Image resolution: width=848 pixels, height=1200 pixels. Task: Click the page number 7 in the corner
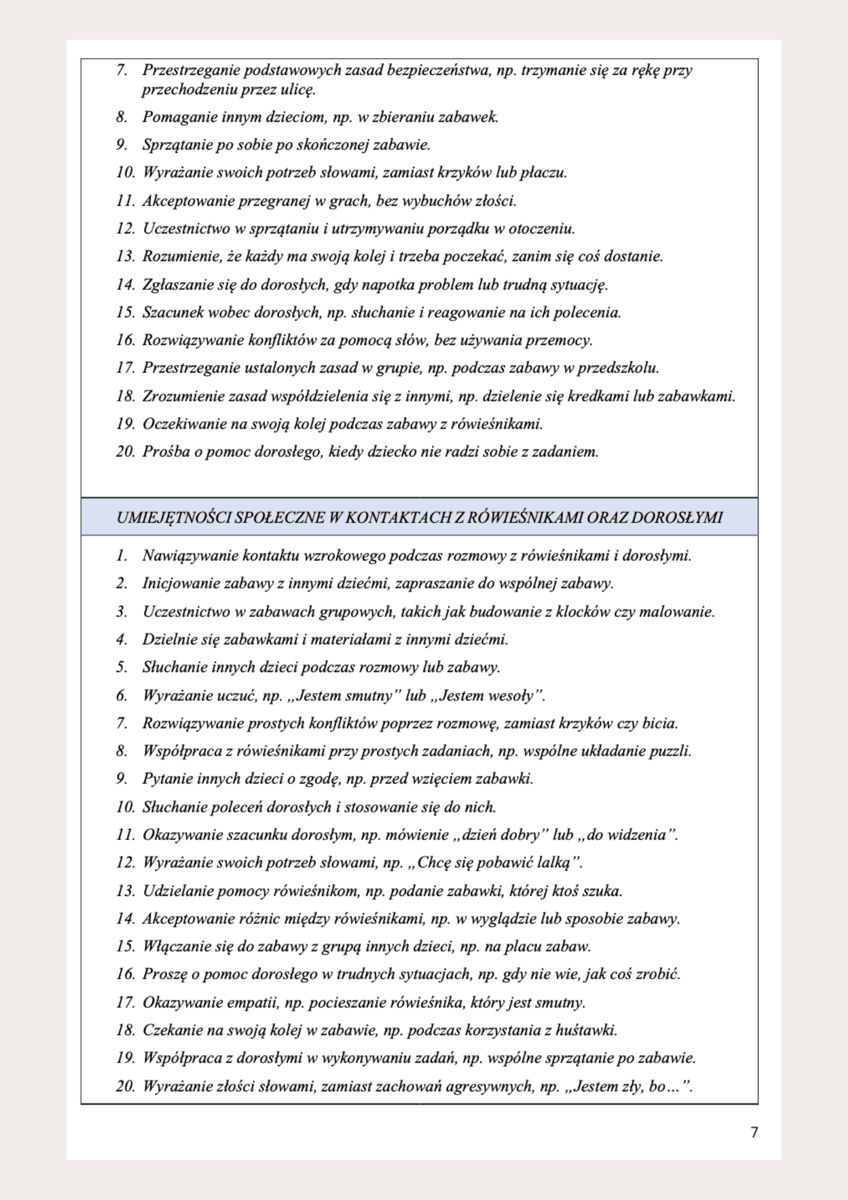tap(754, 1132)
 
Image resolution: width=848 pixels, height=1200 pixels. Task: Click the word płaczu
tap(543, 173)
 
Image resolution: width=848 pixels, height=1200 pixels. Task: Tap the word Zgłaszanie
tap(174, 284)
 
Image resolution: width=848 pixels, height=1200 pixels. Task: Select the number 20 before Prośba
tap(125, 451)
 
